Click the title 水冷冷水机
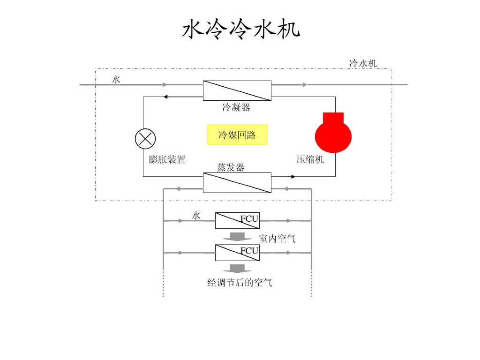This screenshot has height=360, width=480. click(240, 30)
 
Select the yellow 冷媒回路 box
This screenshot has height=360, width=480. click(237, 135)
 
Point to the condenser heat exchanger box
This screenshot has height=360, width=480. click(237, 90)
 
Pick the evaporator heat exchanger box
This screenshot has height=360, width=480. click(237, 182)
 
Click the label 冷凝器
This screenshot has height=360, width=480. click(236, 108)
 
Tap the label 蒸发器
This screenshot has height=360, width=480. click(231, 167)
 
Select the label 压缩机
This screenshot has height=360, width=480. click(310, 159)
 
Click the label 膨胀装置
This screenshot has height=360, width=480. click(167, 159)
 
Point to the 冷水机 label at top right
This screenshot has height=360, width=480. click(363, 63)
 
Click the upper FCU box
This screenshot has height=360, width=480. click(237, 220)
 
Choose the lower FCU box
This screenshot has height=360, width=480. click(237, 253)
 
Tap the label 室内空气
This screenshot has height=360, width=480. click(277, 239)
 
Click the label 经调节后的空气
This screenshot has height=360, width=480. click(240, 283)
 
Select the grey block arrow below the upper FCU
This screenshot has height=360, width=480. click(237, 236)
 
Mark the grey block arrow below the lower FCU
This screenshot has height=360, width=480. click(237, 269)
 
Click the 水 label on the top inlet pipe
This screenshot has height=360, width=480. click(116, 80)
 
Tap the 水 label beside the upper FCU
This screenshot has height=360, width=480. click(196, 216)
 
